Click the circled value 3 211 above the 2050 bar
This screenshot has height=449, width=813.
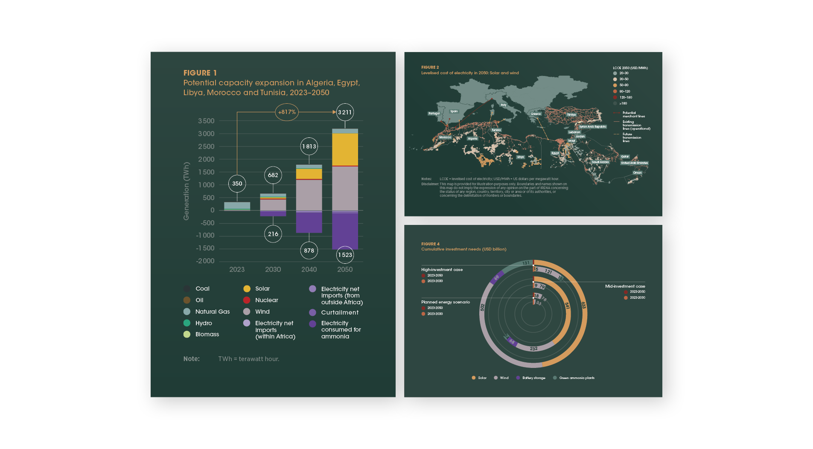(345, 112)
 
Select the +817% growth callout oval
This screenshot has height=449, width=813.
(287, 112)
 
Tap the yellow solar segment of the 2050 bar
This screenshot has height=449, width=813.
(345, 149)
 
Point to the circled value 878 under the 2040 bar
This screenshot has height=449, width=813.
(309, 251)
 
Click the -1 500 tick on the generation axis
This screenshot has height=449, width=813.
(205, 248)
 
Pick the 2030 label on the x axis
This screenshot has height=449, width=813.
(273, 269)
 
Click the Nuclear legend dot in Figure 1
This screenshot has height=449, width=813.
(247, 300)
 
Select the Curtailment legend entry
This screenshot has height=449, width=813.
(340, 312)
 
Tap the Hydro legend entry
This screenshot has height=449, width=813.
(204, 323)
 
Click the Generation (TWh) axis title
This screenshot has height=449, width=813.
(186, 191)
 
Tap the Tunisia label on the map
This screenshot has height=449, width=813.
(496, 130)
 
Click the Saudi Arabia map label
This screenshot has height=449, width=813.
(600, 162)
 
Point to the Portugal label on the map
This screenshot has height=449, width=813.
(434, 114)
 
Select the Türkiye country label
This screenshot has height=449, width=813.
(571, 115)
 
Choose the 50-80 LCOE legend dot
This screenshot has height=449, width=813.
(615, 85)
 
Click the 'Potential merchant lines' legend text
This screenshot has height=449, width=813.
(633, 114)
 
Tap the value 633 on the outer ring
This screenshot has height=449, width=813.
(583, 305)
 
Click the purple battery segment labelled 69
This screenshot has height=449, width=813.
(496, 278)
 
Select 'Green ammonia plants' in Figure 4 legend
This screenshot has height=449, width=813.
(577, 378)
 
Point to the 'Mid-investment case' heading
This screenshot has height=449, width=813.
(625, 286)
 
